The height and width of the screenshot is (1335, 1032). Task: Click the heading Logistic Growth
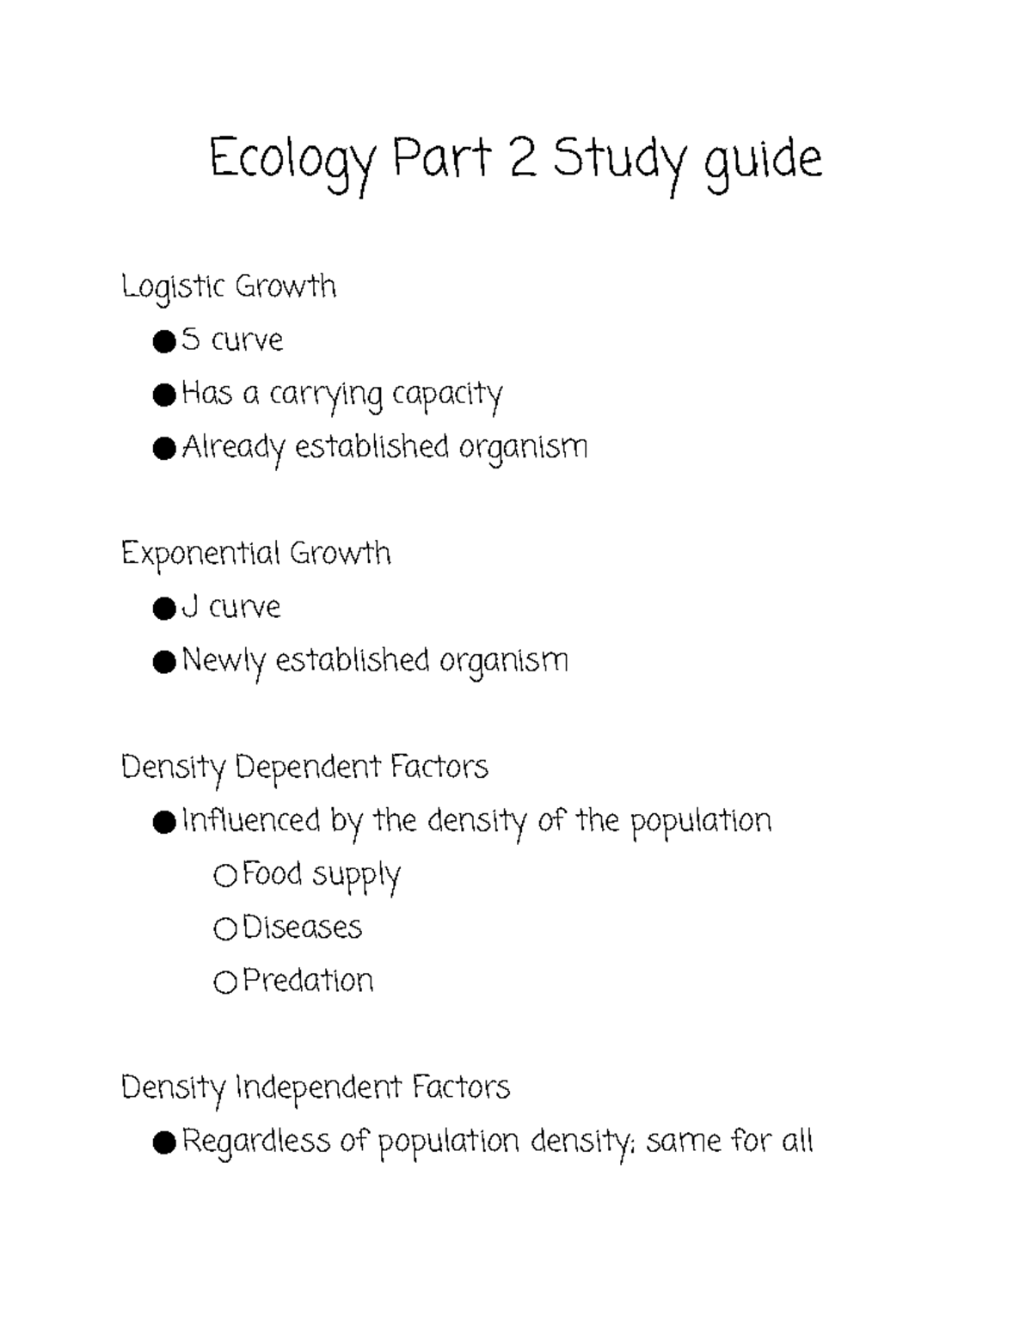[x=228, y=287]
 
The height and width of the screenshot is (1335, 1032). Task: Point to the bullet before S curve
[x=163, y=342]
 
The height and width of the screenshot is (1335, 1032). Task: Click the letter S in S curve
[x=191, y=340]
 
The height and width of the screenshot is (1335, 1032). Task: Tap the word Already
[x=233, y=449]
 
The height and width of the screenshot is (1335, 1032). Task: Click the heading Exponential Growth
[x=255, y=554]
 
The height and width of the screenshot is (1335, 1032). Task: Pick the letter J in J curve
[x=190, y=608]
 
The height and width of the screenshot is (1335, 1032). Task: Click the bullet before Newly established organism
[x=163, y=662]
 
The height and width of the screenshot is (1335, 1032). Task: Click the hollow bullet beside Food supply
[x=224, y=876]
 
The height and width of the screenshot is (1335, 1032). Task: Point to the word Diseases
[x=302, y=928]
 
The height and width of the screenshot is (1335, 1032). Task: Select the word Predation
[x=308, y=981]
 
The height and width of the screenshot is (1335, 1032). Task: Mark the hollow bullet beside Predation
[x=224, y=983]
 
